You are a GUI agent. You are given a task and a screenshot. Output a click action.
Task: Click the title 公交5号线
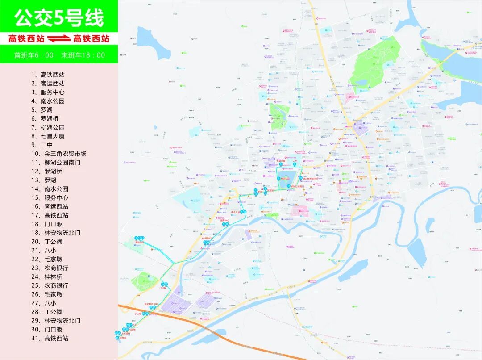pos(59,18)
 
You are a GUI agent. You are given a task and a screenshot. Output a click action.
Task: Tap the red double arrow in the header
pos(59,39)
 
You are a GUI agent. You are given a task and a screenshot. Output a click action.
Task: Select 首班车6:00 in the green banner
pos(33,55)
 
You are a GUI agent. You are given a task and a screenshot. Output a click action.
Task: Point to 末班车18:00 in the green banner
pos(83,55)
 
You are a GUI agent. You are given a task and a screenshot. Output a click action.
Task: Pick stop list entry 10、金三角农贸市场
pos(58,154)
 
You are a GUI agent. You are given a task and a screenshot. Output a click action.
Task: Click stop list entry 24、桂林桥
pos(46,276)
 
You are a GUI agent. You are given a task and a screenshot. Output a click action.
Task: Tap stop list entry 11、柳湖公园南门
pos(55,163)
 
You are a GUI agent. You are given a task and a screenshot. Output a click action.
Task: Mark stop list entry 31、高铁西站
pos(50,338)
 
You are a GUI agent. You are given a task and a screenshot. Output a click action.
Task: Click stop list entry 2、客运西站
pos(48,84)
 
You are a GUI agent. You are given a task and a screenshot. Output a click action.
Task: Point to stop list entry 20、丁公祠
pos(46,242)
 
